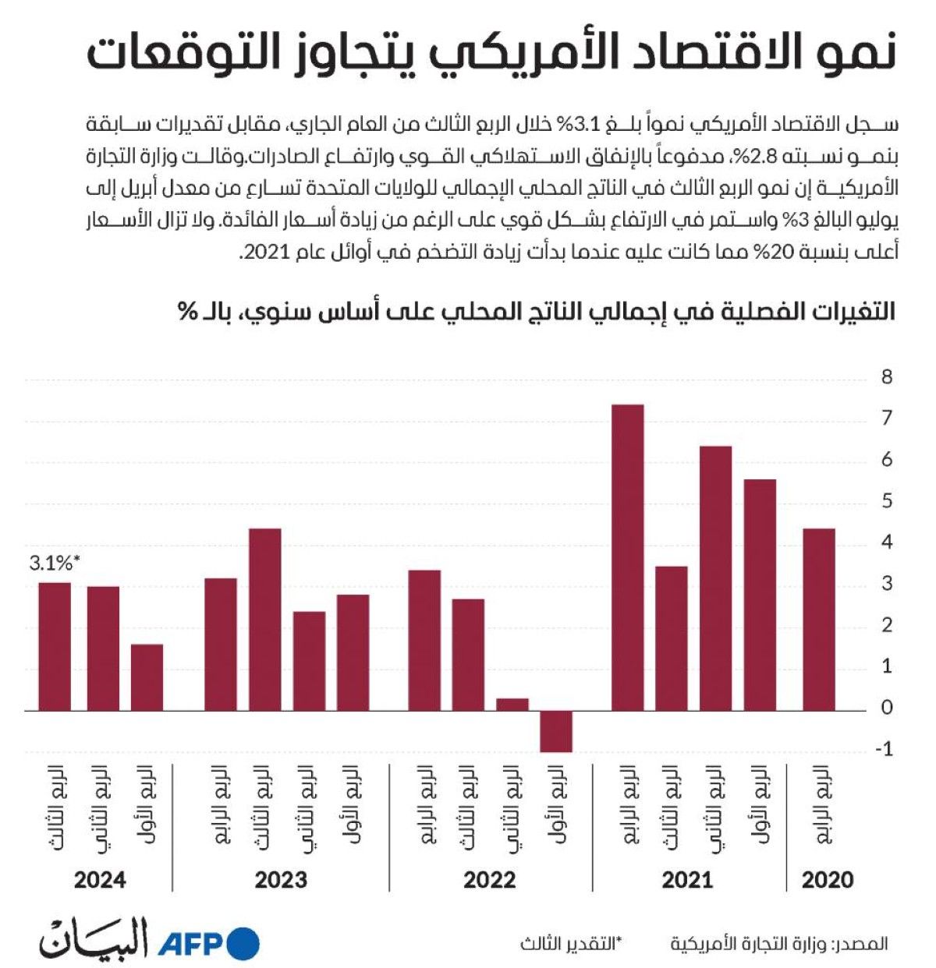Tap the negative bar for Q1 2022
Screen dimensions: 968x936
(x=556, y=731)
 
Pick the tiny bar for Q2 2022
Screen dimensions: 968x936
(x=512, y=705)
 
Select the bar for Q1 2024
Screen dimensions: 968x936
(x=147, y=677)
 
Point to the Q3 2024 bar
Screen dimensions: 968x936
(x=55, y=646)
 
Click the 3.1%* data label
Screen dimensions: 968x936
(x=55, y=563)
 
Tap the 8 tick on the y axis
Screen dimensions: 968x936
(x=886, y=378)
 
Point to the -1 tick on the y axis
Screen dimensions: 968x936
(x=885, y=750)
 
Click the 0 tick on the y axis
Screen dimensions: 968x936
(x=886, y=708)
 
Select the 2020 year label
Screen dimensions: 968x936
(x=828, y=881)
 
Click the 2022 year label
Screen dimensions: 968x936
(x=490, y=881)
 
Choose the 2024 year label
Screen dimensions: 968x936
(x=100, y=881)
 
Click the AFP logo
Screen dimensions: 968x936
(x=192, y=945)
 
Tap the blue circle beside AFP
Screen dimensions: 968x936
(x=243, y=945)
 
